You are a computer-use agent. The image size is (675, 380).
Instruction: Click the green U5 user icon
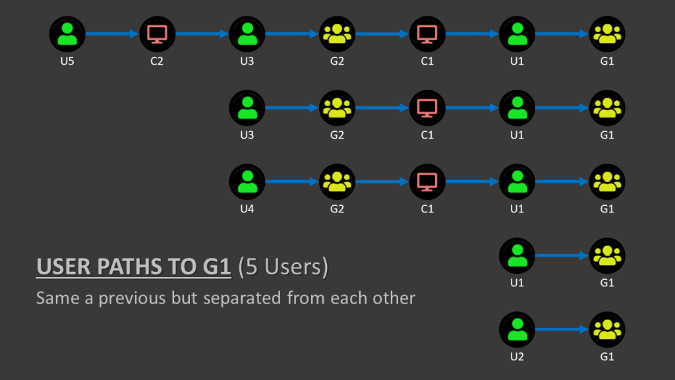[x=67, y=34]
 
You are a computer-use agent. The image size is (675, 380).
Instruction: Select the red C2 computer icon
[x=157, y=34]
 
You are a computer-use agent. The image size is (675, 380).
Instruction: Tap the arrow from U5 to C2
[x=112, y=34]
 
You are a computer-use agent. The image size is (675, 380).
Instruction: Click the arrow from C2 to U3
[x=202, y=34]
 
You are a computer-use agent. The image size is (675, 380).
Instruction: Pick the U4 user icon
[x=247, y=181]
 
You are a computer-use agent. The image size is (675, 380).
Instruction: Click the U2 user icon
[x=517, y=329]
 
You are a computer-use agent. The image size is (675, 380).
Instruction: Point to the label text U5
[x=67, y=61]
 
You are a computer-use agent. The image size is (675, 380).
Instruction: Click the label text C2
[x=157, y=61]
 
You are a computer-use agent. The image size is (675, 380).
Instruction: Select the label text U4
[x=247, y=209]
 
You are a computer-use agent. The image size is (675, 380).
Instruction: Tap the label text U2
[x=517, y=357]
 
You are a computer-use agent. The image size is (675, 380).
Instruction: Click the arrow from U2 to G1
[x=562, y=329]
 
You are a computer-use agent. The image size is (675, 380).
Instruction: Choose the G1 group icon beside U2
[x=607, y=329]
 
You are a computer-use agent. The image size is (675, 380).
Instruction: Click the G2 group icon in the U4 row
[x=337, y=181]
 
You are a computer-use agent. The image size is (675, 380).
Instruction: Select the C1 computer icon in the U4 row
[x=427, y=181]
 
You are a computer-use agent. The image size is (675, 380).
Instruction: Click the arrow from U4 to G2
[x=292, y=181]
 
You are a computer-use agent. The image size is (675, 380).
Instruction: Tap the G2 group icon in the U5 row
[x=337, y=34]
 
